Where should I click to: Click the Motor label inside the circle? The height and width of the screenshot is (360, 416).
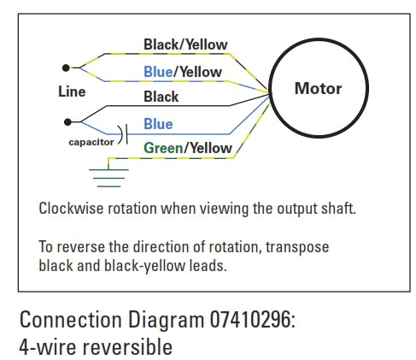[x=318, y=88]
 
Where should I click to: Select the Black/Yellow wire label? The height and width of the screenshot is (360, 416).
[x=185, y=44]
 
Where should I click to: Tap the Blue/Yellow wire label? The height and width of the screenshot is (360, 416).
[x=182, y=72]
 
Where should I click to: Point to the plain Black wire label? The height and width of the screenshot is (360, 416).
[x=161, y=97]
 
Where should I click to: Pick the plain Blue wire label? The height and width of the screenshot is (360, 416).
[x=158, y=124]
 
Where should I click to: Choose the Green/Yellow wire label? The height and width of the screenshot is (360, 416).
[x=187, y=148]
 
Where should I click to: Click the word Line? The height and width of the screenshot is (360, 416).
[x=72, y=91]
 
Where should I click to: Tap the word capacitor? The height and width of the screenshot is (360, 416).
[x=91, y=142]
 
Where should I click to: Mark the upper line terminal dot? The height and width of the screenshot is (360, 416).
[x=65, y=67]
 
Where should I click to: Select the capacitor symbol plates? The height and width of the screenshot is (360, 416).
[x=126, y=133]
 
